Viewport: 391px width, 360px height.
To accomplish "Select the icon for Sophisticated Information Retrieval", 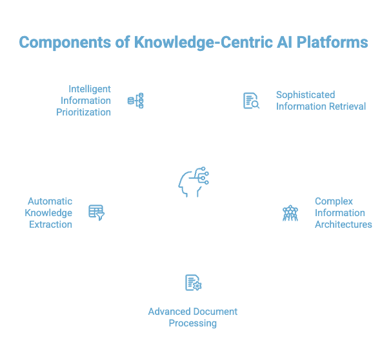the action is pyautogui.click(x=252, y=100).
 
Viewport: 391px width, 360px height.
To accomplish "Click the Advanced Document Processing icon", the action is pyautogui.click(x=194, y=282).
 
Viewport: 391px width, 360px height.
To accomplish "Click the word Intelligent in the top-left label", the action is pyautogui.click(x=90, y=88).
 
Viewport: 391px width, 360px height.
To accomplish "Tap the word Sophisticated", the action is pyautogui.click(x=306, y=94).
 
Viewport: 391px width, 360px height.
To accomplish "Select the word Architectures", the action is pyautogui.click(x=343, y=225).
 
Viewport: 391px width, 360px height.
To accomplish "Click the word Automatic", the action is pyautogui.click(x=50, y=201).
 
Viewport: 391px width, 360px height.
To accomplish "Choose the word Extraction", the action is pyautogui.click(x=50, y=225).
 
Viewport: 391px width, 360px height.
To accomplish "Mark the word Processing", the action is pyautogui.click(x=193, y=323).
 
